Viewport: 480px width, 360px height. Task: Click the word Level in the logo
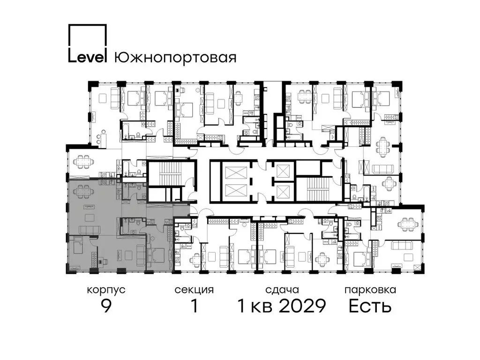[88, 57]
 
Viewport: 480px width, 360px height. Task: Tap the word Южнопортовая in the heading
[175, 57]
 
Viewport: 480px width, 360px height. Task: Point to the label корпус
[106, 290]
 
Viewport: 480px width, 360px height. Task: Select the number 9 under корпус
[106, 307]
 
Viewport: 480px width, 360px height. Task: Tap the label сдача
[282, 290]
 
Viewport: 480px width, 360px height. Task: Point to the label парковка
[370, 290]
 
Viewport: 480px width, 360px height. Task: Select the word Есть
[370, 307]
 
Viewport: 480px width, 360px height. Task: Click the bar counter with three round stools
[99, 137]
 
